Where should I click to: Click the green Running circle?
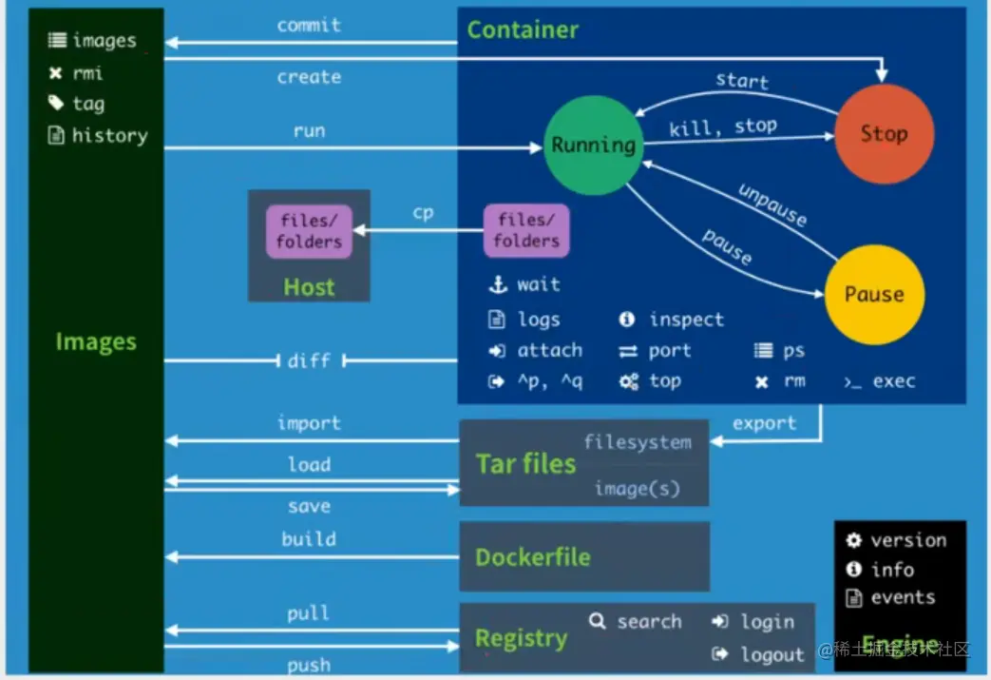click(593, 146)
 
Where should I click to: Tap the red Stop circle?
click(884, 133)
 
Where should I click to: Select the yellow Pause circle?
click(874, 294)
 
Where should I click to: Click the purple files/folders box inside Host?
click(309, 232)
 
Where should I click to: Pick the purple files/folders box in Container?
click(526, 230)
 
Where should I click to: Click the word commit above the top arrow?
click(309, 25)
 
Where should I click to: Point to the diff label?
click(309, 360)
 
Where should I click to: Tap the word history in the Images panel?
click(110, 135)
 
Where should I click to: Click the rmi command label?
click(87, 72)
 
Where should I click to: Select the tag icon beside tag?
click(56, 104)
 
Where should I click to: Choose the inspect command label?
click(686, 320)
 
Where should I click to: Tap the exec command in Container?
click(893, 381)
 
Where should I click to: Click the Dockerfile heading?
click(533, 557)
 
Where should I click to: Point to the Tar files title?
click(525, 464)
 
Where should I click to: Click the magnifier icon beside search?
click(597, 622)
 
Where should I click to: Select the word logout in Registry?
click(772, 654)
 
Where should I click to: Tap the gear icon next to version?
click(854, 540)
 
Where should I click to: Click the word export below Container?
click(764, 423)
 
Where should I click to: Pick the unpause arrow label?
click(772, 204)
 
